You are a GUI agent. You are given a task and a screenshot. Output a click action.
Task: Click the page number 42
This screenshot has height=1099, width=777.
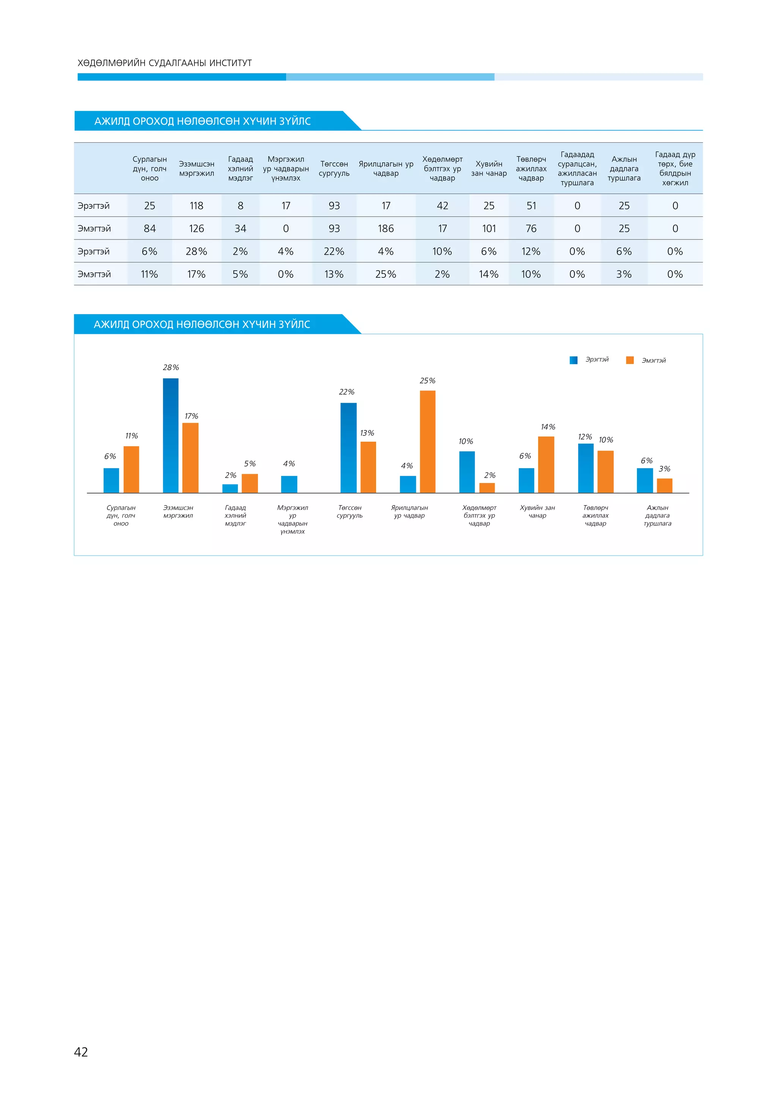81,1052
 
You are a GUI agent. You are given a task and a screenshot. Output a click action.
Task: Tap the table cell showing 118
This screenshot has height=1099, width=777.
196,206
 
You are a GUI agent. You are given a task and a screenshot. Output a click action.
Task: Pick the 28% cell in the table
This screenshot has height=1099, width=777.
196,252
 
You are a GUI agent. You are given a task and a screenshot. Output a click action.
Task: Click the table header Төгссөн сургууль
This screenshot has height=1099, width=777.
334,168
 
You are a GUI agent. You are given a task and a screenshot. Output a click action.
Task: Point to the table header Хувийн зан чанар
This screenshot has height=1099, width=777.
489,168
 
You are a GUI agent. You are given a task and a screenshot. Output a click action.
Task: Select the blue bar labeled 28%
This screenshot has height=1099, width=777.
171,436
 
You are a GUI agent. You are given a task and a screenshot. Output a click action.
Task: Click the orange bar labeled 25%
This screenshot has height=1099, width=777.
427,441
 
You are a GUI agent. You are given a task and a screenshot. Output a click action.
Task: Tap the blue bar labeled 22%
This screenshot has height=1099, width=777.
348,447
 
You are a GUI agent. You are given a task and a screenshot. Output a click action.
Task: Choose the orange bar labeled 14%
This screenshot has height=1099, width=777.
546,464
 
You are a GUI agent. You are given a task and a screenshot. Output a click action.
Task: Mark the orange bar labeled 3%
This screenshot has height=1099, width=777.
665,485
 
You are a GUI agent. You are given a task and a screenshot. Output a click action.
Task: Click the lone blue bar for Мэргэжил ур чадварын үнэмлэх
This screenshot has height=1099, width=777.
289,484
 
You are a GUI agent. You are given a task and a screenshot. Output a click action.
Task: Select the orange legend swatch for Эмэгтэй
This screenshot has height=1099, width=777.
630,361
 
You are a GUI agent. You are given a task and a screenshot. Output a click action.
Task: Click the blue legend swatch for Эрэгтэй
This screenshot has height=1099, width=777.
573,361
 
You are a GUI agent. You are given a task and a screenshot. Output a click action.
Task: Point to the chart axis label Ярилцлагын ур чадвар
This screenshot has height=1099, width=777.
409,512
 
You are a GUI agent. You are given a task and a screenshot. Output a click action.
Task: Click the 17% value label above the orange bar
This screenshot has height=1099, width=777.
191,416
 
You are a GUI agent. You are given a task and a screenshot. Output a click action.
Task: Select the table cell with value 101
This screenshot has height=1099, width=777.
489,229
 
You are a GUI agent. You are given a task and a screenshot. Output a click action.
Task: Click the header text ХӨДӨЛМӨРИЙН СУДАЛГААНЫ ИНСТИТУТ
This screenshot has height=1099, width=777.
165,63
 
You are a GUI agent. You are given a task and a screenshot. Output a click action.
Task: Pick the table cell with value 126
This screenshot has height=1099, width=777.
196,229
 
